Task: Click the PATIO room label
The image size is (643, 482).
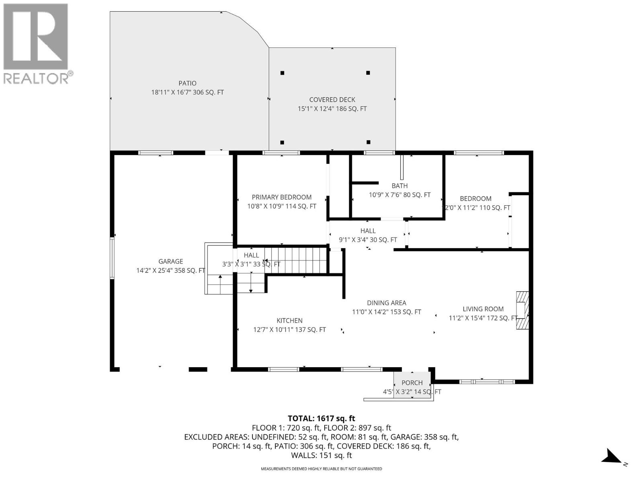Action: pos(187,84)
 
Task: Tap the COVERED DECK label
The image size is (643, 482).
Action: pos(332,100)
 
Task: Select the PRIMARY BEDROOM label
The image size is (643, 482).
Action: pos(281,197)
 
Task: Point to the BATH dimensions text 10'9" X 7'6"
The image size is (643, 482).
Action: pos(399,195)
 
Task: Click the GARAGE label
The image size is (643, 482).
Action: pos(170,261)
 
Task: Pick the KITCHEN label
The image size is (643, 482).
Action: pos(289,321)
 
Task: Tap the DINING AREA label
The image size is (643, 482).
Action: pos(386,303)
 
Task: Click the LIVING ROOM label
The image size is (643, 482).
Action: pos(483,309)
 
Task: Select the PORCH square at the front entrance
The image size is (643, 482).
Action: pos(412,385)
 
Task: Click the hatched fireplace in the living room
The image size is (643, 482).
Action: pos(522,310)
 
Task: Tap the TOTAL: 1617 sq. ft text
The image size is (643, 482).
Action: pos(321,418)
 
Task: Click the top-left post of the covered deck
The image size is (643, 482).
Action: pos(283,73)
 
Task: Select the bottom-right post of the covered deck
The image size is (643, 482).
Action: pos(369,142)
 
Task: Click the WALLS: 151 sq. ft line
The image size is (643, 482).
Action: pos(321,455)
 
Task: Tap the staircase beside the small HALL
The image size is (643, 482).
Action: pos(295,260)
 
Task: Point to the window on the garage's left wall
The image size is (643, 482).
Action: pos(113,257)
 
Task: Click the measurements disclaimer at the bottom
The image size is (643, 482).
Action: pos(321,469)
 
